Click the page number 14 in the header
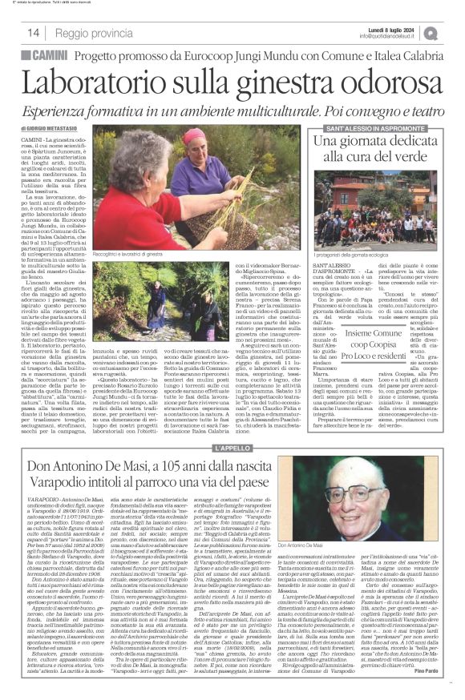[34, 32]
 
